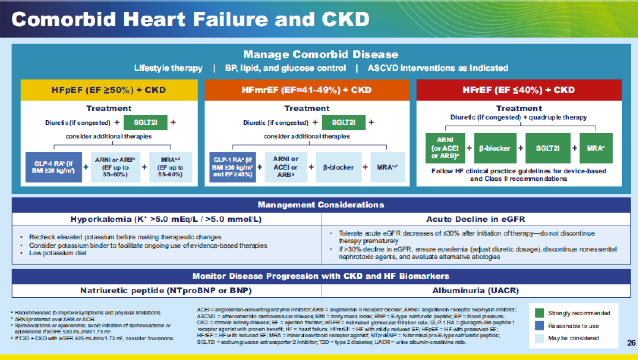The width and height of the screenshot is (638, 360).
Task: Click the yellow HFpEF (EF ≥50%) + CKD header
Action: click(x=109, y=90)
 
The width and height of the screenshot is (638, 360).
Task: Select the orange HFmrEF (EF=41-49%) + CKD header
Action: click(x=307, y=90)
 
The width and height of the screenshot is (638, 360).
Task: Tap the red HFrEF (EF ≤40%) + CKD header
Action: click(x=519, y=90)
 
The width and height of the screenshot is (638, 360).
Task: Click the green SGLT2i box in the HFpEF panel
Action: click(x=145, y=123)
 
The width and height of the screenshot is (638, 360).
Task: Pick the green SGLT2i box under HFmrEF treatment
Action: click(x=343, y=123)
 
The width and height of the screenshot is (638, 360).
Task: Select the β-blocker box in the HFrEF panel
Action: click(x=495, y=148)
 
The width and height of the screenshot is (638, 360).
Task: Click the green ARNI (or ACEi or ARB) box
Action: click(x=445, y=148)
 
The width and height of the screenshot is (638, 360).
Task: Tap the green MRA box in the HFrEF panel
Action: click(x=596, y=148)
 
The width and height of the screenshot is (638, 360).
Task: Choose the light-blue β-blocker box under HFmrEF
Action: click(x=338, y=167)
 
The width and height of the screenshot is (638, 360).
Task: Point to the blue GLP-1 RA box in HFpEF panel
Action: click(x=54, y=167)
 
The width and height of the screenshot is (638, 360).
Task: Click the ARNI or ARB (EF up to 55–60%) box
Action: click(x=115, y=167)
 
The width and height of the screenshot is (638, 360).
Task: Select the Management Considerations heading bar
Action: click(x=321, y=205)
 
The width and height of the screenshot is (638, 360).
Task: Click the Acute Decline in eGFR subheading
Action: click(x=476, y=219)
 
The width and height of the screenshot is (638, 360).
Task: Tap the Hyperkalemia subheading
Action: click(x=166, y=219)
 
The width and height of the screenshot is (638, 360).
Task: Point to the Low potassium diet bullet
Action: click(x=58, y=253)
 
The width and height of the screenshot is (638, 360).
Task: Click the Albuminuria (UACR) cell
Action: click(x=476, y=291)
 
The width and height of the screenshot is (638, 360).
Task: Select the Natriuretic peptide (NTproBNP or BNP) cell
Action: click(x=166, y=291)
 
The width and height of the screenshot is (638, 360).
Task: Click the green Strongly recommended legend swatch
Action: click(x=539, y=313)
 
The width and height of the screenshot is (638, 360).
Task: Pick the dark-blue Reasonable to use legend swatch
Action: click(x=539, y=326)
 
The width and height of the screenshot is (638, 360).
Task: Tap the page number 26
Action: click(x=631, y=343)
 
